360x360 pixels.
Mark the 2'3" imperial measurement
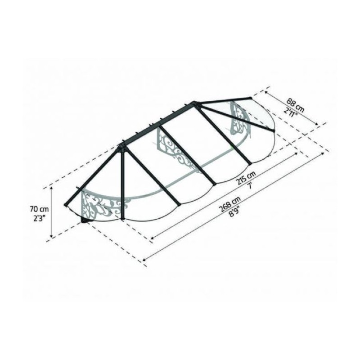pos(39,219)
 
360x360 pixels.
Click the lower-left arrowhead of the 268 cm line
pos(145,260)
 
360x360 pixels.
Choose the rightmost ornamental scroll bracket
pos(238,118)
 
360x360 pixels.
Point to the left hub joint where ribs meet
pos(121,147)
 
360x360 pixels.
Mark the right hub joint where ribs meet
pos(196,104)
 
